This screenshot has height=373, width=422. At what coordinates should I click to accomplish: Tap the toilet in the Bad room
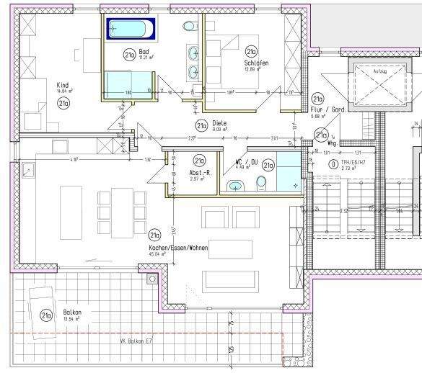(x=190, y=26)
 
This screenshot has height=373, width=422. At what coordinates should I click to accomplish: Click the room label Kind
(x=62, y=85)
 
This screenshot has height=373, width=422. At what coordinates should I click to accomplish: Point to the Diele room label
(x=219, y=123)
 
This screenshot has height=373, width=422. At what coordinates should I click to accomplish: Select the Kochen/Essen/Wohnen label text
(x=177, y=247)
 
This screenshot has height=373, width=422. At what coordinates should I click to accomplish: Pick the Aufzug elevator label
(x=379, y=71)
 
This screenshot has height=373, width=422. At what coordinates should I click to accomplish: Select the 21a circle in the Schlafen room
(x=251, y=52)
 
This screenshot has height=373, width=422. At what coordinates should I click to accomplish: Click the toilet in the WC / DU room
(x=234, y=187)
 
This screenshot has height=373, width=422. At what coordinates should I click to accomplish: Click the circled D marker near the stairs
(x=332, y=163)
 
